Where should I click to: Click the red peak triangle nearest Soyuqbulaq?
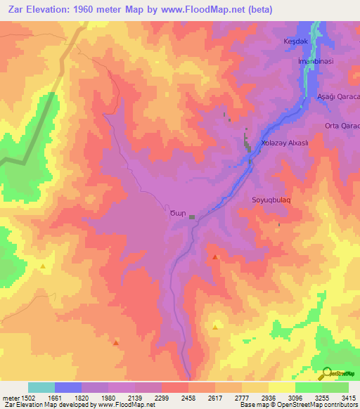[x=214, y=258]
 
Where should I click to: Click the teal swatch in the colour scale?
[x=41, y=387]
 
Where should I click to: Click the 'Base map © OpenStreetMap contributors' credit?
[x=297, y=405]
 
